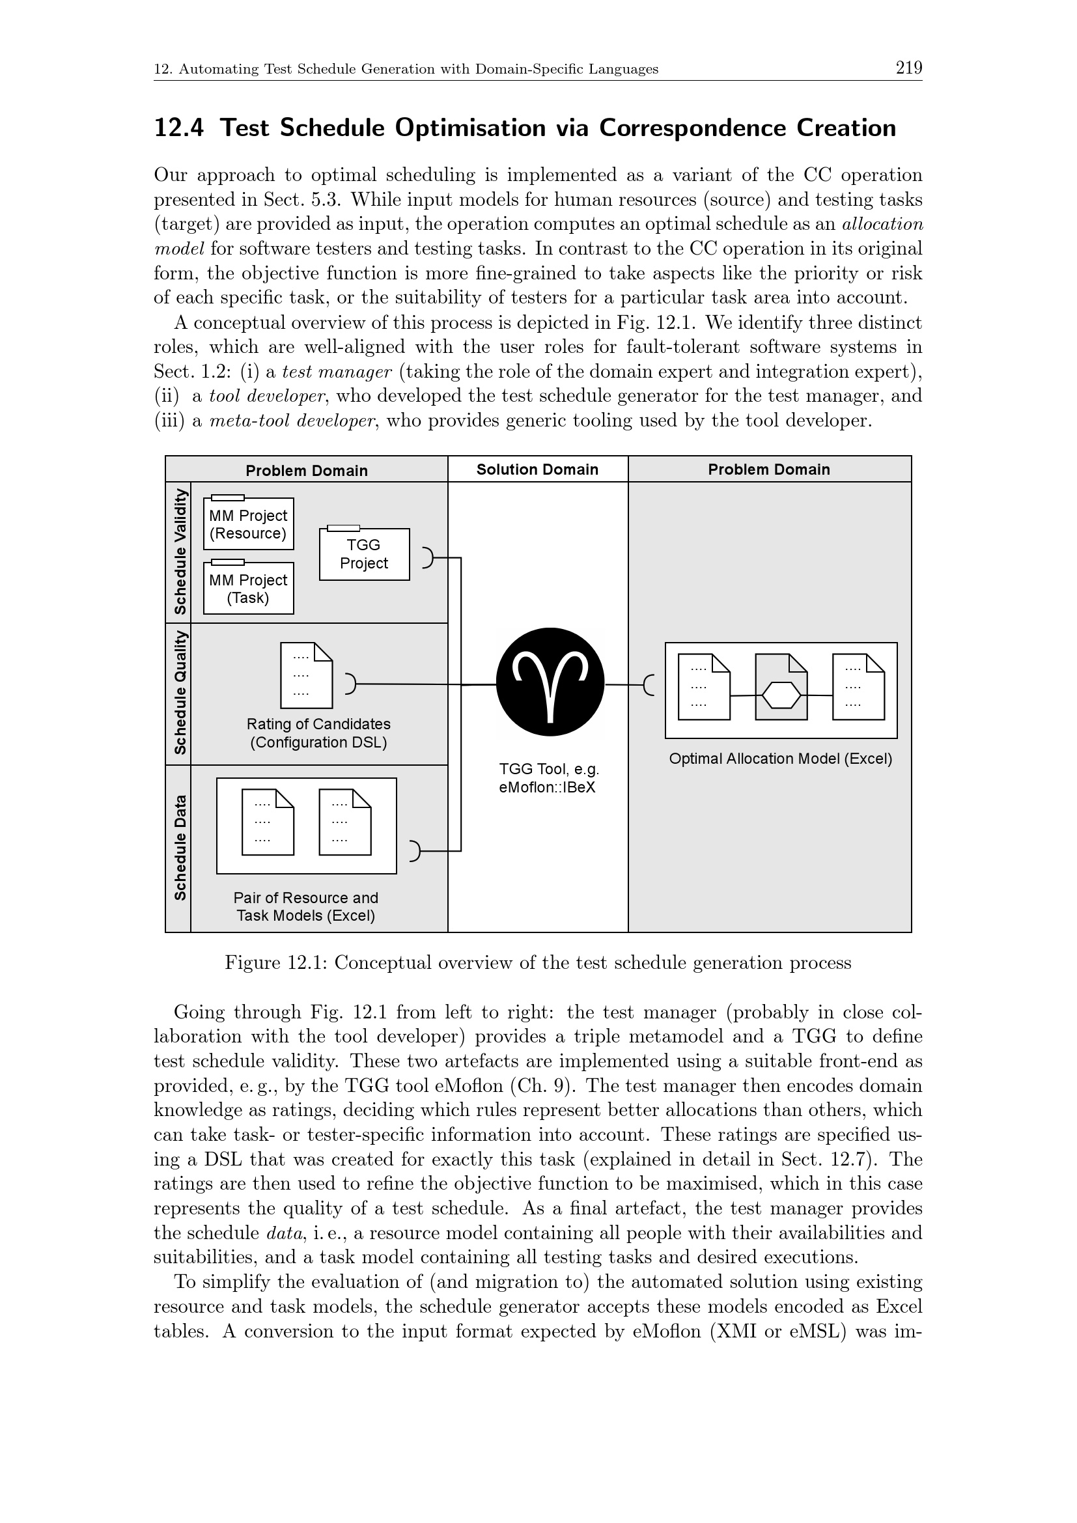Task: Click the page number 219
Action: pos(908,68)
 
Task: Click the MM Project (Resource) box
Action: pos(248,524)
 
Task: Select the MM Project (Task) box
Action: pos(248,589)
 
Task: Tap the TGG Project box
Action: pos(364,554)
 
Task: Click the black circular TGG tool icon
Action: pos(550,682)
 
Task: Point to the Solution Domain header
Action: pos(537,469)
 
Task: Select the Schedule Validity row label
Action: pos(179,552)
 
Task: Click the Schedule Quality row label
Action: pos(179,693)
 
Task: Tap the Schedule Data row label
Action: pos(179,848)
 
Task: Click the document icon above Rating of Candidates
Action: pos(307,675)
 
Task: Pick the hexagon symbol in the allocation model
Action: pos(781,695)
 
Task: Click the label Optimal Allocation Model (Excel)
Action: pos(781,759)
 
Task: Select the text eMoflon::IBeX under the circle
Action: pos(547,788)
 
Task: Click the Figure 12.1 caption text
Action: pos(538,963)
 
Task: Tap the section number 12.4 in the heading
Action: pos(178,128)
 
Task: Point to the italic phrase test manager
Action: pos(337,371)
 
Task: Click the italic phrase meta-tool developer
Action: pos(292,421)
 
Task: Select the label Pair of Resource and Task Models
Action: pos(306,907)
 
